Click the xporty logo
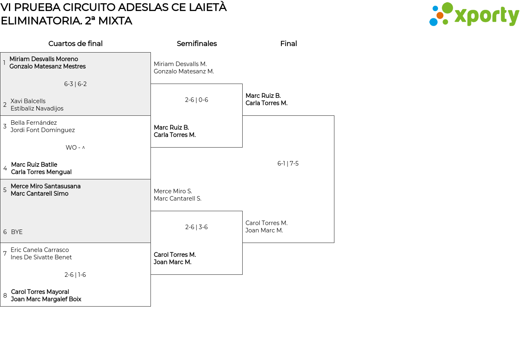coord(474,15)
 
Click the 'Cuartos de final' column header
coord(75,44)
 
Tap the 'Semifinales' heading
coord(197,44)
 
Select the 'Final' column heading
coord(288,44)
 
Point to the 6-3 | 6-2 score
coord(75,84)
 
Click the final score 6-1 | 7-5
coord(288,163)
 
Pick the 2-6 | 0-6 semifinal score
coord(197,100)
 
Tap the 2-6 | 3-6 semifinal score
coord(197,227)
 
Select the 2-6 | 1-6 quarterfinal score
coord(75,275)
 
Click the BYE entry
coord(17,232)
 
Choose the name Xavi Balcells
coord(28,101)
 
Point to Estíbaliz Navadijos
coord(37,108)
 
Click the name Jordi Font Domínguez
coord(43,130)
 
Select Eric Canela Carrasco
coord(40,250)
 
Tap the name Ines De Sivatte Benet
coord(41,257)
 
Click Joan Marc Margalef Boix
coord(46,299)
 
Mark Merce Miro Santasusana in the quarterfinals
coord(46,186)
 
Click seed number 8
coord(5,296)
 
